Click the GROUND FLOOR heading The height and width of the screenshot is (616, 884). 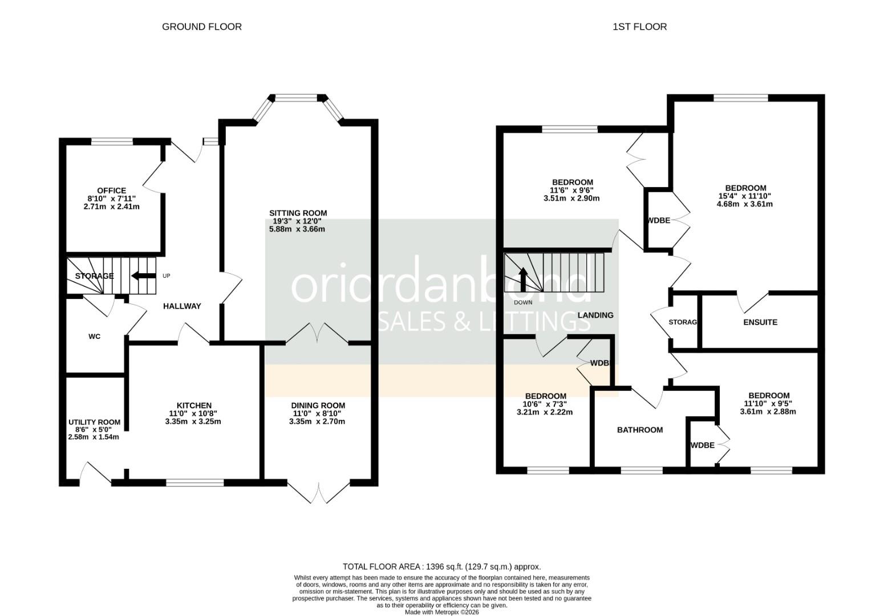pos(202,27)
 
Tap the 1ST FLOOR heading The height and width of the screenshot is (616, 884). pos(640,27)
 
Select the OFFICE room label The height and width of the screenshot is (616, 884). pos(112,191)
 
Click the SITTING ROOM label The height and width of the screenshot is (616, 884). pos(298,213)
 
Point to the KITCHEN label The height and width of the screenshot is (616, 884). pos(194,406)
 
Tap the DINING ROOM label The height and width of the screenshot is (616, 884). pos(318,406)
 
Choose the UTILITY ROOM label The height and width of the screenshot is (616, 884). pos(94,422)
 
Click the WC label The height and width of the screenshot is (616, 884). pos(94,337)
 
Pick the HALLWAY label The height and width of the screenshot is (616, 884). pos(182,306)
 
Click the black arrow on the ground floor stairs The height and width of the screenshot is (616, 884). pos(144,275)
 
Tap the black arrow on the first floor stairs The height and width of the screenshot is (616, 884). pos(523,280)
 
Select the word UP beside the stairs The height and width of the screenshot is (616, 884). pos(166,276)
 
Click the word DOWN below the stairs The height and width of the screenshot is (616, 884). pos(523,303)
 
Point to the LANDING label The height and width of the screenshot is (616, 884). pos(595,315)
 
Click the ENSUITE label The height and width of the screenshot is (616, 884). pos(760,322)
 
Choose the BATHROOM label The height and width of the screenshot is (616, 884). pos(640,430)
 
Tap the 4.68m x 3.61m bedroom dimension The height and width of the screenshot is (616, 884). pos(745,204)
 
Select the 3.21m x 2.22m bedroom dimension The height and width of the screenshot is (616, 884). pos(545,412)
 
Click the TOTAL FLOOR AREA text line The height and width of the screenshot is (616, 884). pos(441,567)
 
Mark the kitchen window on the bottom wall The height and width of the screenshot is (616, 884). pos(195,483)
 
